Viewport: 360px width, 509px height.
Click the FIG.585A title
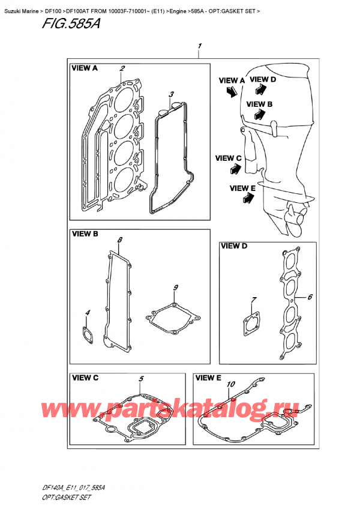point(71,24)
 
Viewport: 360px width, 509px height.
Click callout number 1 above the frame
point(200,46)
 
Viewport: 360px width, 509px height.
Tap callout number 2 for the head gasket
point(122,68)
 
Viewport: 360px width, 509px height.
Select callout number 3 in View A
point(171,94)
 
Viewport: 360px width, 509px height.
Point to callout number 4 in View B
point(88,313)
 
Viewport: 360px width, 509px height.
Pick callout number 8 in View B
point(119,240)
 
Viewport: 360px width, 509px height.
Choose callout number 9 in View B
point(175,288)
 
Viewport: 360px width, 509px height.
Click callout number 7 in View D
point(254,300)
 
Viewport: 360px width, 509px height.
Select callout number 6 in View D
point(310,297)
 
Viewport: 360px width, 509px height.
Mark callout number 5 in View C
point(141,379)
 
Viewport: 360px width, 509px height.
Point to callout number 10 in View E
point(230,384)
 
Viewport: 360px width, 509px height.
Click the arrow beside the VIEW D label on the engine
point(260,89)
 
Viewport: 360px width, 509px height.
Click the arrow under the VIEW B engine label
point(260,114)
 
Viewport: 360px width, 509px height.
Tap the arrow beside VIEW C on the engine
point(235,169)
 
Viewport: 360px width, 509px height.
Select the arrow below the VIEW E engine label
point(248,197)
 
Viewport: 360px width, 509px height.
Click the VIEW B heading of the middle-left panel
point(85,233)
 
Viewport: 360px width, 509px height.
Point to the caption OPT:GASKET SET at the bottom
point(67,498)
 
